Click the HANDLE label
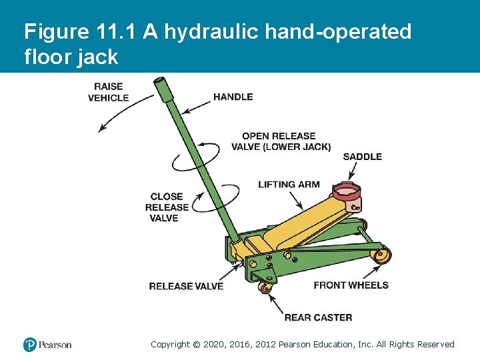pos(233,97)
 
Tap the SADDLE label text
pos(362,157)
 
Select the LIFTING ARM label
pos(289,185)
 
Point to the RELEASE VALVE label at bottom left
pos(186,286)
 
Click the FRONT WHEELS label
pos(351,285)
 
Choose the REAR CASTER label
pos(318,317)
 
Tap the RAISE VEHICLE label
pos(108,92)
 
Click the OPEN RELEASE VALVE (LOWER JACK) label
pos(281,141)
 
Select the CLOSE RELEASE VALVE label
pos(166,207)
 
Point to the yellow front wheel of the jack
pos(381,255)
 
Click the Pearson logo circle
pos(30,345)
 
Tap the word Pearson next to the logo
pos(55,345)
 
